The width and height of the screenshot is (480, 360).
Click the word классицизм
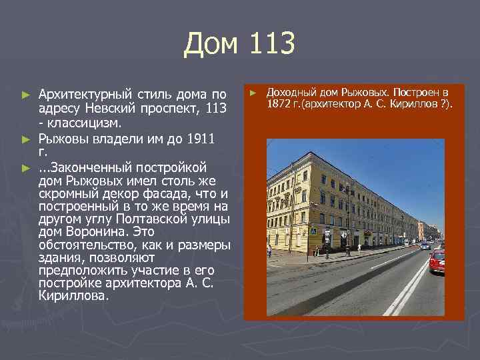click(84, 123)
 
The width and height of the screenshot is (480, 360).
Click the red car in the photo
click(437, 261)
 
